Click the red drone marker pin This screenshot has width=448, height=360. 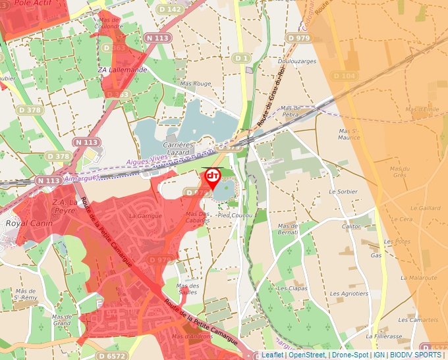212,178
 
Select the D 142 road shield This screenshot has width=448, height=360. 171,9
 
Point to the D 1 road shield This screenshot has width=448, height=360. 241,59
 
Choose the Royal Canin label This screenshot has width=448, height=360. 22,223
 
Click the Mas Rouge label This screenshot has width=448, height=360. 195,84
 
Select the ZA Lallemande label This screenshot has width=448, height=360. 122,70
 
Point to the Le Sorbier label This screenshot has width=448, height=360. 342,192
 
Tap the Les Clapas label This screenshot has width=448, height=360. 292,288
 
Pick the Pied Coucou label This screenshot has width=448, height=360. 235,215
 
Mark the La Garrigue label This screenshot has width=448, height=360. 145,216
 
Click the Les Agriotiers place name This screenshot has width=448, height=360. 349,294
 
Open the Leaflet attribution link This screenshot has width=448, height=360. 272,355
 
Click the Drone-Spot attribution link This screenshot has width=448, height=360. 350,355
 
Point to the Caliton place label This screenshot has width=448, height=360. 352,226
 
